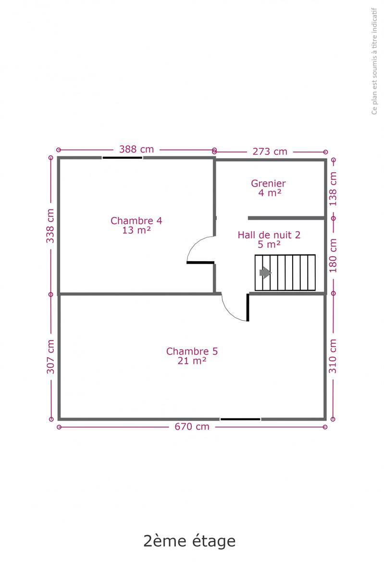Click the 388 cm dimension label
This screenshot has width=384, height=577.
(136, 150)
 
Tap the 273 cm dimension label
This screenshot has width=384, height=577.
(270, 152)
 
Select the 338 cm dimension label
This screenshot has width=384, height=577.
(50, 226)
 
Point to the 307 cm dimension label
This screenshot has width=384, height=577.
(50, 357)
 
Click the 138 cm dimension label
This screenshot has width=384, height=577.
(333, 189)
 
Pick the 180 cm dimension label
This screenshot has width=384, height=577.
(333, 255)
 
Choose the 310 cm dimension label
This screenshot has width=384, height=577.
(333, 356)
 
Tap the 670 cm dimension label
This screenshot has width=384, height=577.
(192, 427)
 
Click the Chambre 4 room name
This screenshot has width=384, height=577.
(136, 221)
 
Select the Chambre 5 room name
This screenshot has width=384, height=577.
(192, 351)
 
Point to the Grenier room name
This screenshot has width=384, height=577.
(268, 184)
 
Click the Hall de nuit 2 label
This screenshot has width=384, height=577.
(269, 235)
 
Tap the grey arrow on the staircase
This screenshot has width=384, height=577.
(265, 273)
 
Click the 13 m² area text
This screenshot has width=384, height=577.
(136, 230)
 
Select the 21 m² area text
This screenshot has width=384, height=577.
(192, 361)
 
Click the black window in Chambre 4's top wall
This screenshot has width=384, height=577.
(123, 157)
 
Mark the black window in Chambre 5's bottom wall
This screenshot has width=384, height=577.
(240, 419)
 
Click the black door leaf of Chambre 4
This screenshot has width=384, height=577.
(200, 263)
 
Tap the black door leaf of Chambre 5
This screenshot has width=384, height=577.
(248, 308)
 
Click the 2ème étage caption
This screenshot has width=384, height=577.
(189, 540)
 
